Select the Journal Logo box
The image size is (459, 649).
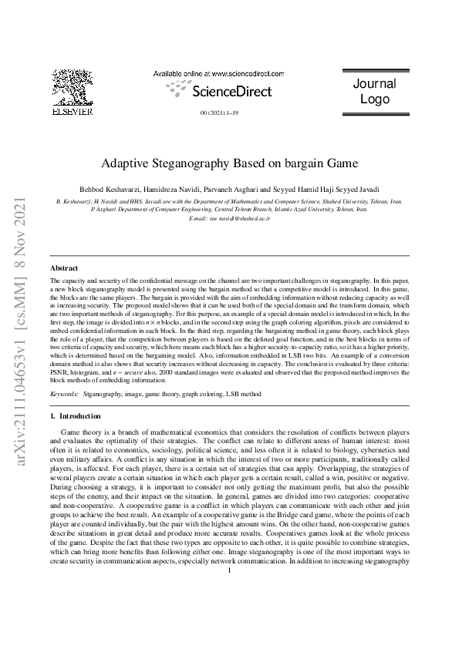pyautogui.click(x=374, y=92)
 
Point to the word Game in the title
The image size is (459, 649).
pyautogui.click(x=339, y=163)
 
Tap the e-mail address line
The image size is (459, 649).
pyautogui.click(x=229, y=219)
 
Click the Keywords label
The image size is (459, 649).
pyautogui.click(x=64, y=394)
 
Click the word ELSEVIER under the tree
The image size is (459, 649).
pyautogui.click(x=72, y=111)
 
